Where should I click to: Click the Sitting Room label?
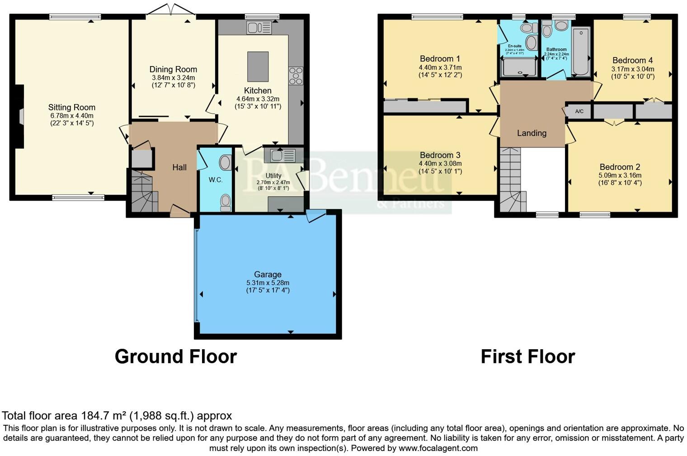click(x=72, y=107)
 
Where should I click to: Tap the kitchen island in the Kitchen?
click(x=258, y=66)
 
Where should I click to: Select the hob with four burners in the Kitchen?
click(x=296, y=76)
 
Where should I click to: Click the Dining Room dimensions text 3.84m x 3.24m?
click(x=173, y=78)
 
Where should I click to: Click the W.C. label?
click(x=216, y=180)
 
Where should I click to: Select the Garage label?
click(x=268, y=274)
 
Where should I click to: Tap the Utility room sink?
click(x=282, y=156)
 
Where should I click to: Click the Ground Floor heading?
click(x=175, y=356)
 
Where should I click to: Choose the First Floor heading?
click(x=527, y=356)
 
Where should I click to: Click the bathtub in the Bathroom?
click(x=581, y=51)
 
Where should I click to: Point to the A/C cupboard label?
click(x=579, y=111)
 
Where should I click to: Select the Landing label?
click(x=532, y=133)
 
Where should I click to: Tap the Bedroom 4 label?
click(x=632, y=60)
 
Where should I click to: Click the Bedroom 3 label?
click(x=440, y=155)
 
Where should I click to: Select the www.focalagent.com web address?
click(x=438, y=448)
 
